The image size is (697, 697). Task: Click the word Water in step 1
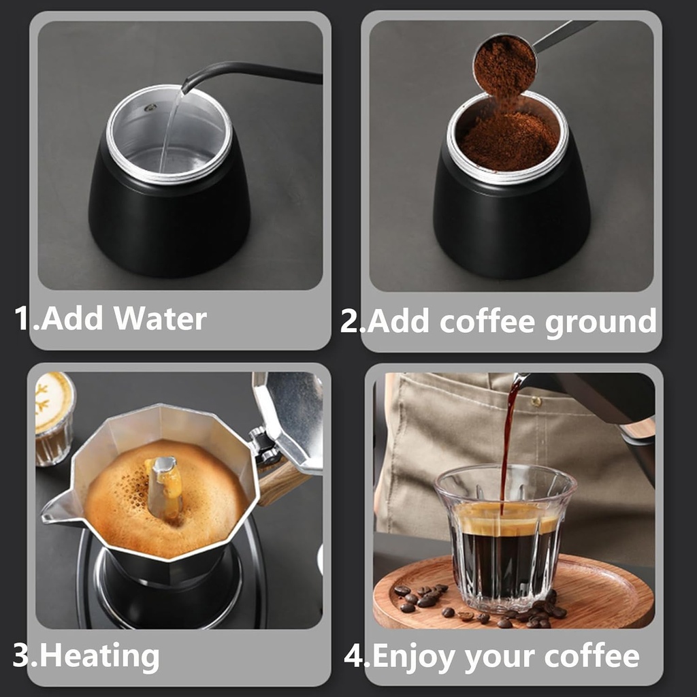[161, 319]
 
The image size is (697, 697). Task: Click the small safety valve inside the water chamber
[150, 108]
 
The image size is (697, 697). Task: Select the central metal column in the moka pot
[163, 487]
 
